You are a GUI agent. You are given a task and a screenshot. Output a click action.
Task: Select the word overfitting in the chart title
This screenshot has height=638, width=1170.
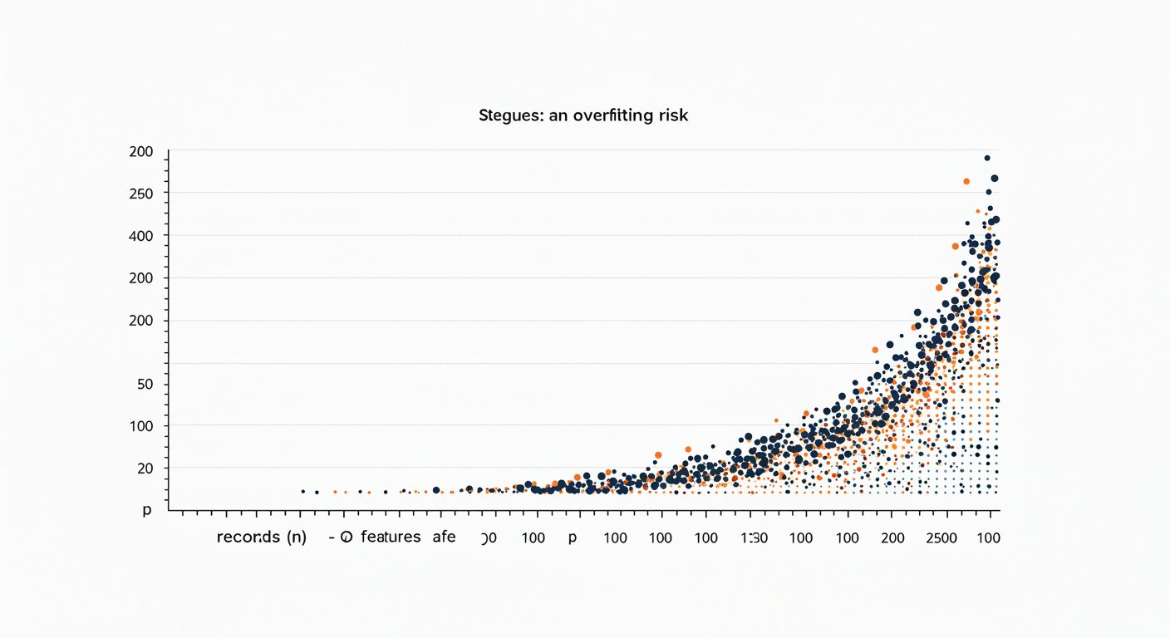609,115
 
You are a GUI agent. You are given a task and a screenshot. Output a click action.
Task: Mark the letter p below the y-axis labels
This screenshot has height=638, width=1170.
147,510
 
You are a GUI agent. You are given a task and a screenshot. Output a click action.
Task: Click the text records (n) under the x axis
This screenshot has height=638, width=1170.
262,537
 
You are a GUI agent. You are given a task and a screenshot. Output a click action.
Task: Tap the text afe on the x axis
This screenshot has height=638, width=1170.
444,537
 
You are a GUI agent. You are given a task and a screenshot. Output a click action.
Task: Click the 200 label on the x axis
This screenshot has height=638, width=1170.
892,537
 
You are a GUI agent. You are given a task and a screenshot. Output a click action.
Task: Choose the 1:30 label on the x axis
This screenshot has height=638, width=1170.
754,537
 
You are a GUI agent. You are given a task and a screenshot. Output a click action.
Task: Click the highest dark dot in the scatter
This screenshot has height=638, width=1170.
987,158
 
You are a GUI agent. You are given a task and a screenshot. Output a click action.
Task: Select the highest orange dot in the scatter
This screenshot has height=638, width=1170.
966,181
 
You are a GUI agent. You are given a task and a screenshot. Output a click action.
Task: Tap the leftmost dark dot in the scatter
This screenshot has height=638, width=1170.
302,492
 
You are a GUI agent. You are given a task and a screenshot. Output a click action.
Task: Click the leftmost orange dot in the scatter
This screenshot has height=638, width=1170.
336,492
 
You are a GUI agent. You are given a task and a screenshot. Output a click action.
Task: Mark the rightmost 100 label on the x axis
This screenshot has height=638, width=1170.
989,537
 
